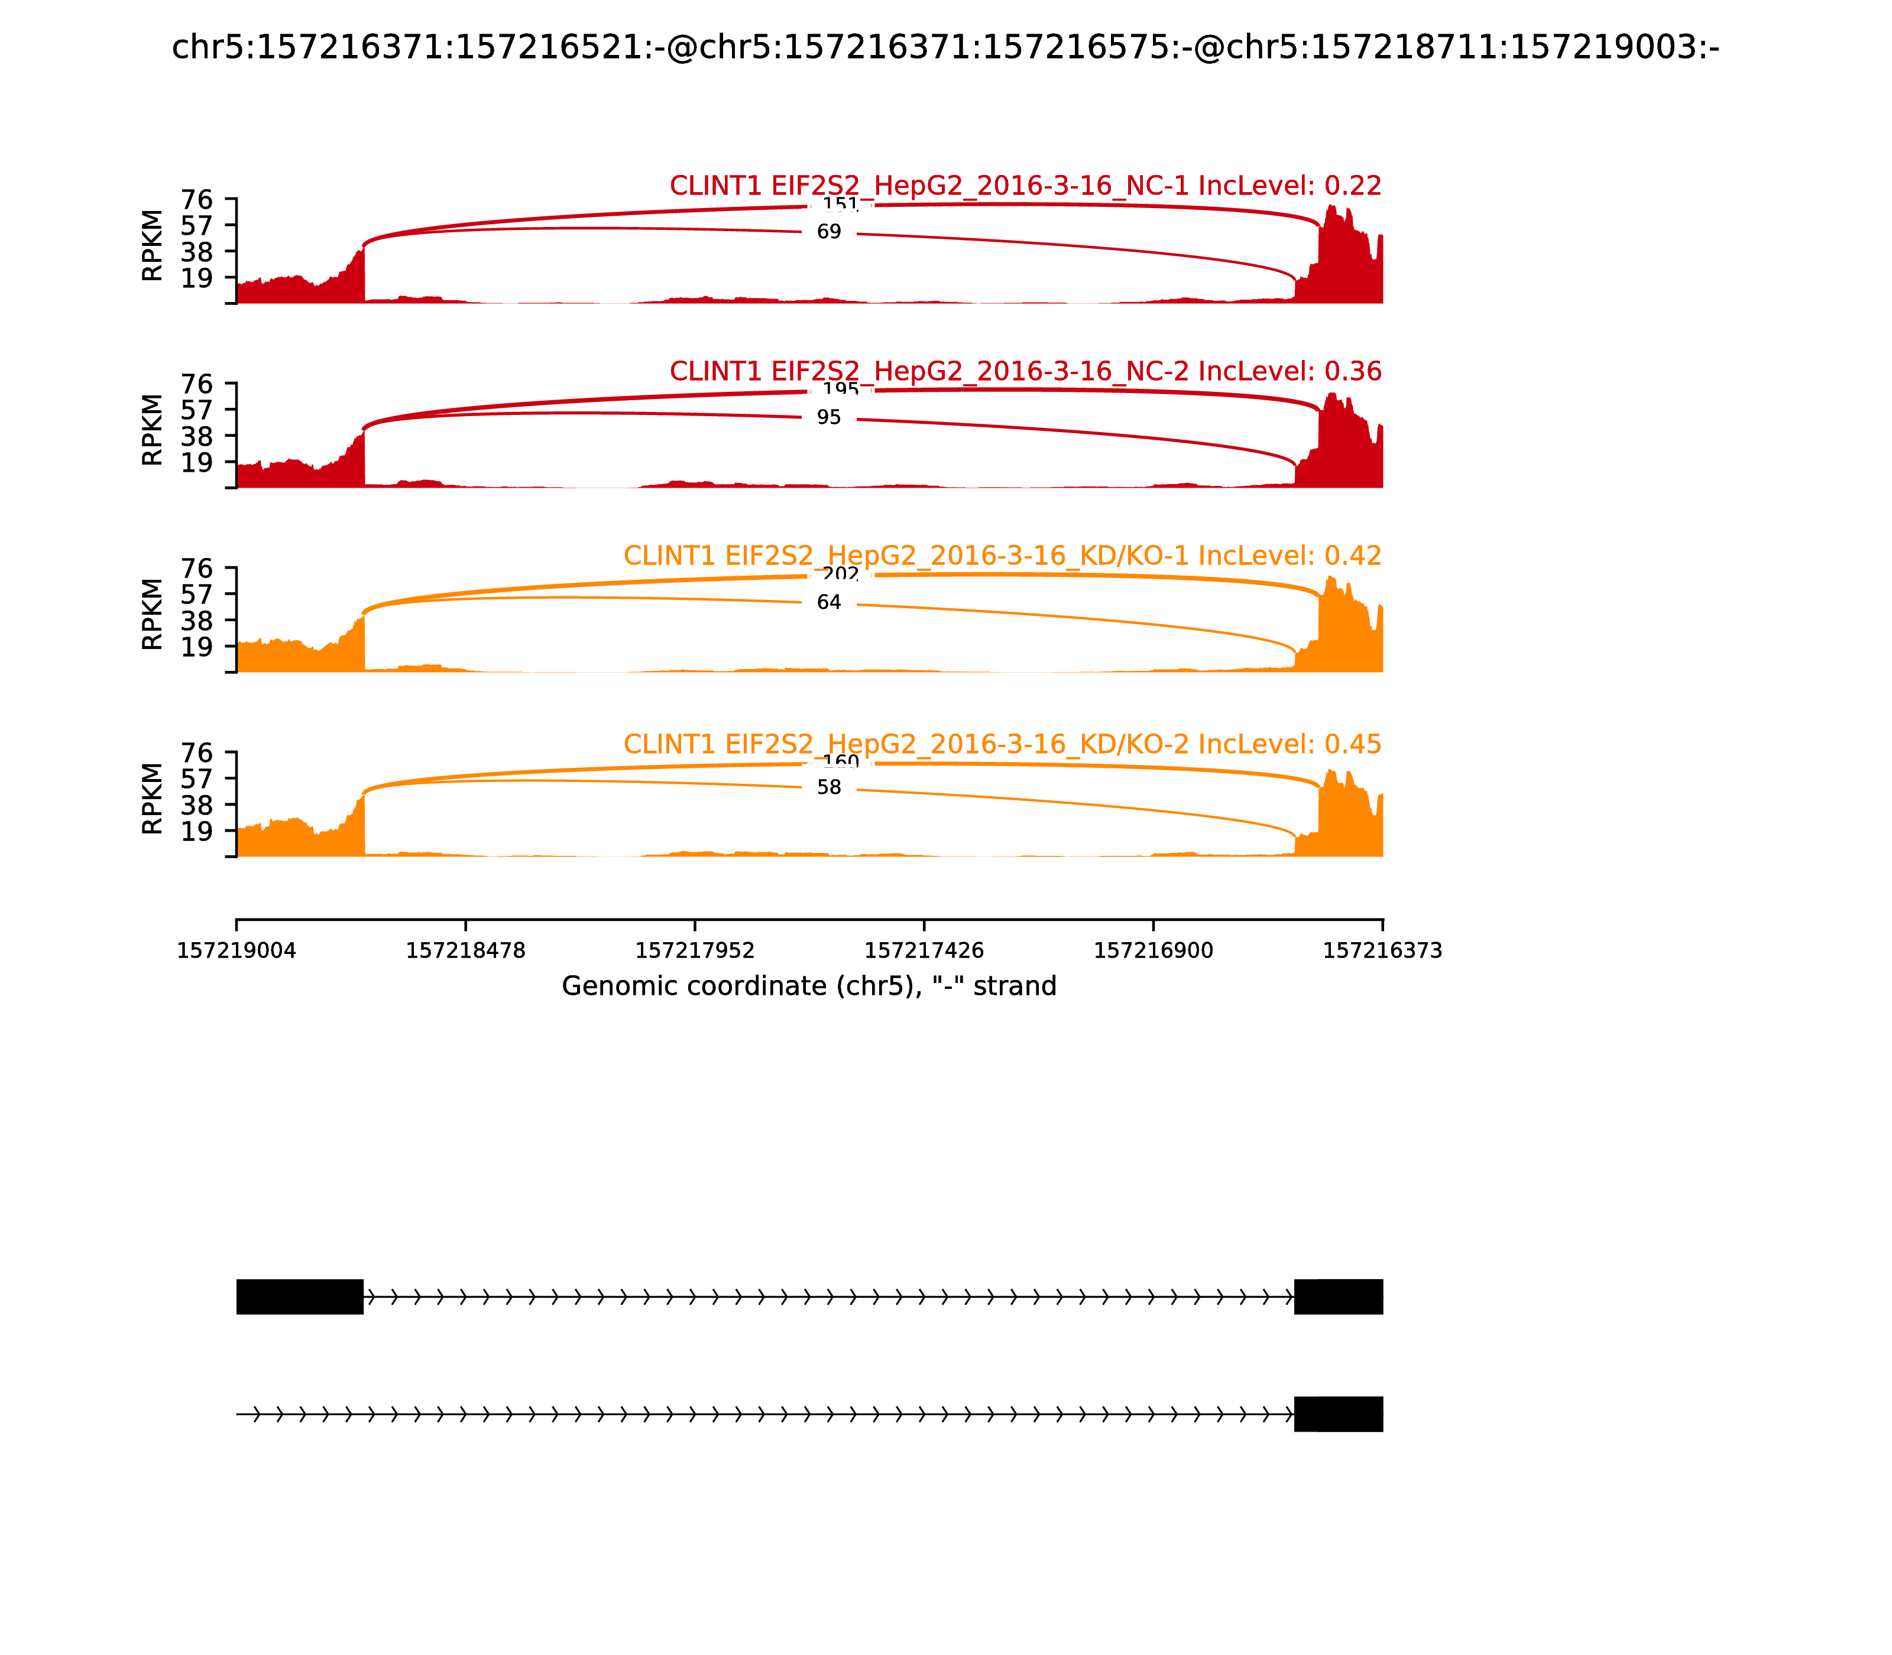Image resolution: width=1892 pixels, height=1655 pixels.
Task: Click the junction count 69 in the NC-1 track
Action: coord(829,232)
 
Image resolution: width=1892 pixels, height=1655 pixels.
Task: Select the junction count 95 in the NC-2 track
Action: coord(829,417)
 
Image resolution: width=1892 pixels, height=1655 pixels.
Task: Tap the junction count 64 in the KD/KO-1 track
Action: coord(829,602)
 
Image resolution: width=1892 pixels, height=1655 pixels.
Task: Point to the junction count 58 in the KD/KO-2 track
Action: coord(829,787)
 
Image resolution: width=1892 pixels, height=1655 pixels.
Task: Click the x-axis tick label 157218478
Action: coord(466,950)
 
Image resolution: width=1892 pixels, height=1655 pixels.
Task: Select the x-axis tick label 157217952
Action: coord(695,950)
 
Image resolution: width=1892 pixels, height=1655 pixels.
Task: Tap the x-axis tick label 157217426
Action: coord(924,950)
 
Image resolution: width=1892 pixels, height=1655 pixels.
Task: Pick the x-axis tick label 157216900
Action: coord(1153,950)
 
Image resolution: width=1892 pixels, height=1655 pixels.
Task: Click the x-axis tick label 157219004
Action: coord(237,950)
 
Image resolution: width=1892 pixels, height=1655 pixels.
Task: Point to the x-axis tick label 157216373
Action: coord(1382,950)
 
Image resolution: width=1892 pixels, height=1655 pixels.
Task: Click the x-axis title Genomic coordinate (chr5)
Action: coord(808,986)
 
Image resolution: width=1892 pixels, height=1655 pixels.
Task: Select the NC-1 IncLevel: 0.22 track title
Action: coord(1025,186)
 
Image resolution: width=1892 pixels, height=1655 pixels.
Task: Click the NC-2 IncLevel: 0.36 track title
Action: coord(1025,371)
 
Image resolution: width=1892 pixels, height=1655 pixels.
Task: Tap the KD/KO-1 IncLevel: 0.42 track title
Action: coord(1002,556)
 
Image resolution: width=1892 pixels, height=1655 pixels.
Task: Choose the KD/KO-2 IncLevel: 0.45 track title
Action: coord(1002,744)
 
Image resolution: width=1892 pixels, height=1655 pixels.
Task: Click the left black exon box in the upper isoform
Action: coord(299,1297)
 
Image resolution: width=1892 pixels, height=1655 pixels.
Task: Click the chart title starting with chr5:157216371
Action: coord(945,48)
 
